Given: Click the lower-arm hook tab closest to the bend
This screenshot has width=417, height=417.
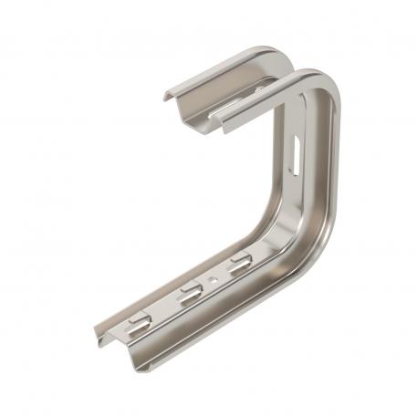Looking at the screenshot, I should tap(239, 266).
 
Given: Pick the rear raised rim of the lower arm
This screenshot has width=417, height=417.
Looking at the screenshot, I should tap(182, 274).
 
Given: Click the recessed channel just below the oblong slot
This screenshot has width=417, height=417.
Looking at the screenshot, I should tap(297, 196).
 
